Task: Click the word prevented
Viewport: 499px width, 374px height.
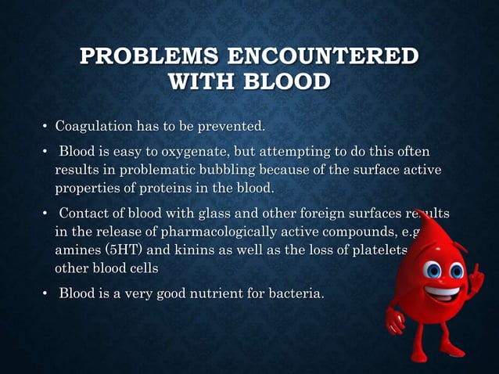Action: pyautogui.click(x=232, y=125)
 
